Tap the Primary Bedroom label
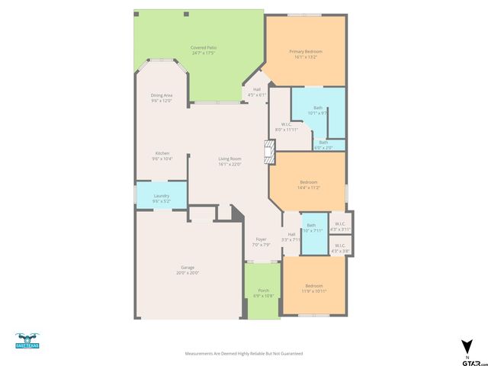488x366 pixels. pyautogui.click(x=306, y=53)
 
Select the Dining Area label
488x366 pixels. pyautogui.click(x=161, y=98)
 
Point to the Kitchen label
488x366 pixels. pyautogui.click(x=162, y=156)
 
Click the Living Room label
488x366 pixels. pyautogui.click(x=230, y=161)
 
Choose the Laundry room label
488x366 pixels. pyautogui.click(x=161, y=198)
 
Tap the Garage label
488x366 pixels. pyautogui.click(x=188, y=269)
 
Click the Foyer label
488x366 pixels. pyautogui.click(x=262, y=242)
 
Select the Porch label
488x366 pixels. pyautogui.click(x=263, y=293)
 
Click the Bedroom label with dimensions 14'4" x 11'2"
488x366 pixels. pyautogui.click(x=308, y=185)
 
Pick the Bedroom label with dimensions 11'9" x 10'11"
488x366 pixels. pyautogui.click(x=315, y=288)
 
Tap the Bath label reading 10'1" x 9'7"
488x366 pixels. pyautogui.click(x=317, y=111)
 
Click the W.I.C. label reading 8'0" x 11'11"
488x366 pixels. pyautogui.click(x=286, y=127)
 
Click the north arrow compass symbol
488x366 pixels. pyautogui.click(x=466, y=345)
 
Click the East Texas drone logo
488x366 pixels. pyautogui.click(x=27, y=341)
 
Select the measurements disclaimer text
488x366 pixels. pyautogui.click(x=244, y=354)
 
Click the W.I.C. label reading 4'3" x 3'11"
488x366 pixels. pyautogui.click(x=340, y=226)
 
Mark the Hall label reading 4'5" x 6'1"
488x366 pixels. pyautogui.click(x=256, y=92)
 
